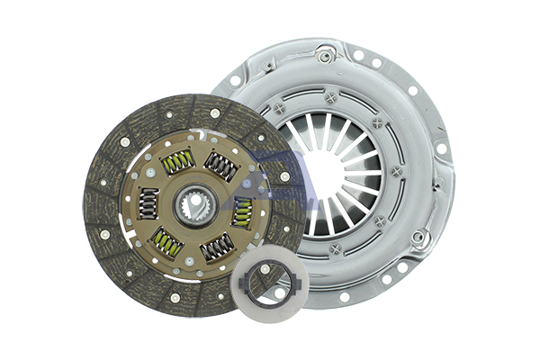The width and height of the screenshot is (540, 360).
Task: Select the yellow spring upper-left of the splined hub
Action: (x=177, y=161)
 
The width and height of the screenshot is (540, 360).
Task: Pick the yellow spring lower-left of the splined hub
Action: (x=166, y=242)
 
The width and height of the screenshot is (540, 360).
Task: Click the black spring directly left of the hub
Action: (x=147, y=202)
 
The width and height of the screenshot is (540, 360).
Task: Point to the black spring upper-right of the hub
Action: (x=220, y=165)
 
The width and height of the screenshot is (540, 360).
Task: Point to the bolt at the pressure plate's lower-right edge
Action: (x=419, y=238)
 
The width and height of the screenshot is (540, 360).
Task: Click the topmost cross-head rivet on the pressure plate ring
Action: (x=330, y=96)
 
